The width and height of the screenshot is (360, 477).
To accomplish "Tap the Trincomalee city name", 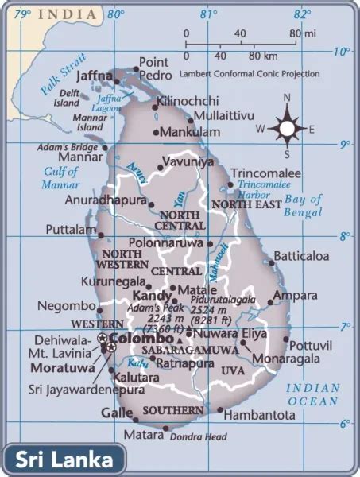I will pos(265,173).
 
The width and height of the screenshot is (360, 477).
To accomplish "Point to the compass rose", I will pos(285,126).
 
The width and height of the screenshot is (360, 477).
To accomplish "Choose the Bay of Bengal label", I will pos(304,205).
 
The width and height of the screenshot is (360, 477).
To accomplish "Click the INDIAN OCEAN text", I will pos(313,395).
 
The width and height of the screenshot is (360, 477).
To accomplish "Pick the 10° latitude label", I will pos(342,52).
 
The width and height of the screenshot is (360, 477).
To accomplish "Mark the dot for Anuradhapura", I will pos(151,204).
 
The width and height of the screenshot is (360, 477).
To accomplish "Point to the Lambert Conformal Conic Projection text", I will pos(250,73).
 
